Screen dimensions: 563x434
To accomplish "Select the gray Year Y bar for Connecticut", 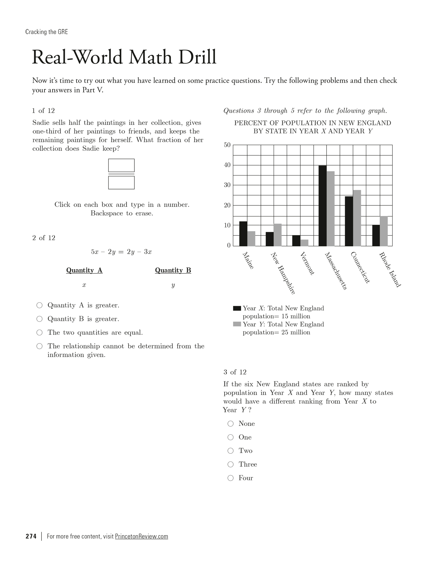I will pyautogui.click(x=357, y=218).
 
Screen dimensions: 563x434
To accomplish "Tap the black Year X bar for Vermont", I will pyautogui.click(x=296, y=241).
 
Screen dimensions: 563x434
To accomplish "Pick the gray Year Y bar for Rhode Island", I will pyautogui.click(x=384, y=231).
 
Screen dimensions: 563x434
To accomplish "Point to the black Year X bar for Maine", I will pyautogui.click(x=243, y=234).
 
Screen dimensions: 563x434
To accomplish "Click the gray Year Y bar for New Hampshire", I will pyautogui.click(x=278, y=235).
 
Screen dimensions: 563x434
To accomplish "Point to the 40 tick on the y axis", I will pyautogui.click(x=227, y=165).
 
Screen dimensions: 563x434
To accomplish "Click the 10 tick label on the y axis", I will pyautogui.click(x=227, y=225).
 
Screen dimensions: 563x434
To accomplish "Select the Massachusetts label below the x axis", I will pyautogui.click(x=336, y=271).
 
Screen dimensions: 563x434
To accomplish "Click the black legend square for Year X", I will pyautogui.click(x=237, y=308).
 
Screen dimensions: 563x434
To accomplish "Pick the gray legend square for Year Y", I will pyautogui.click(x=237, y=324).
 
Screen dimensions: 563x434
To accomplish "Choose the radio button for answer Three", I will pyautogui.click(x=230, y=464).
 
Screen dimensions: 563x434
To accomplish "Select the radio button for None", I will pyautogui.click(x=230, y=423).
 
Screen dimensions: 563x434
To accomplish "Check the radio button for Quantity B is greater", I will pyautogui.click(x=39, y=319).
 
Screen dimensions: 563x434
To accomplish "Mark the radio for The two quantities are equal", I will pyautogui.click(x=39, y=333).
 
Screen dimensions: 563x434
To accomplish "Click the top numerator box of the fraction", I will pyautogui.click(x=121, y=165).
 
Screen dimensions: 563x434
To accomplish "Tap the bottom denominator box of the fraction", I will pyautogui.click(x=121, y=183).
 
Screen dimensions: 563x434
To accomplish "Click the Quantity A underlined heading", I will pyautogui.click(x=84, y=270).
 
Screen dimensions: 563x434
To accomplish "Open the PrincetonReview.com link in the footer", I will pyautogui.click(x=141, y=536).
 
